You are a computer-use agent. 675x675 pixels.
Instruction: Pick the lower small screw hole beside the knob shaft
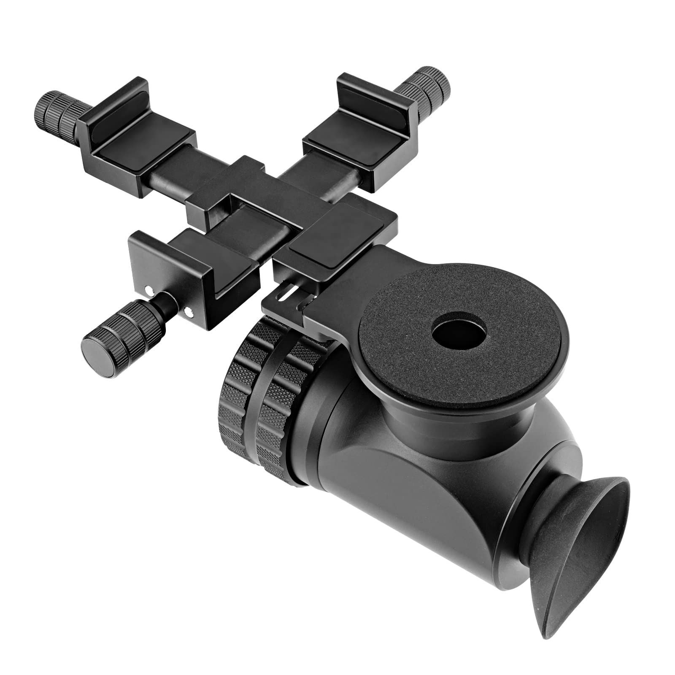tap(189, 313)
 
